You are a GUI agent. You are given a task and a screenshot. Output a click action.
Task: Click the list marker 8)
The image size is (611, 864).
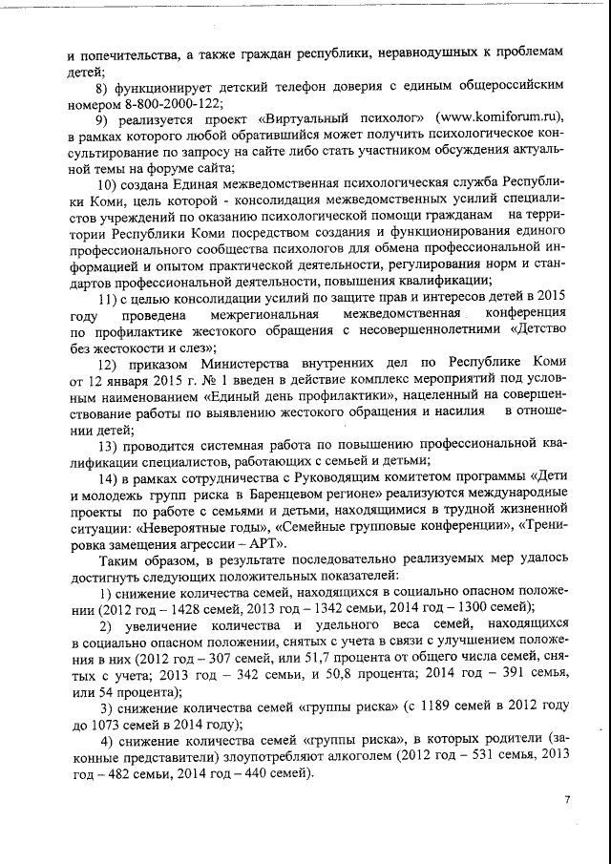pyautogui.click(x=106, y=84)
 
